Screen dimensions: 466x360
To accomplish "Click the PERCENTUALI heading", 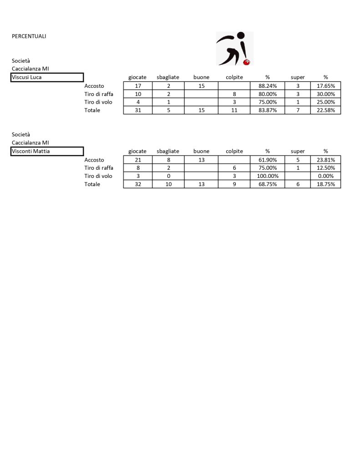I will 29,36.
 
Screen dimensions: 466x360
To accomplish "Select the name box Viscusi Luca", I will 47,77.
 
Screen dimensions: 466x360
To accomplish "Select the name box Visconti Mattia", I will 47,152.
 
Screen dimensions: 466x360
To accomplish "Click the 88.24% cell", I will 268,86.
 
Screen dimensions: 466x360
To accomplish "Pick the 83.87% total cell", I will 268,110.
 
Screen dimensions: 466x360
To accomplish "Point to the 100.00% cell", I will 268,176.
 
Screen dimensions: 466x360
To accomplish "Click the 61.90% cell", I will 268,160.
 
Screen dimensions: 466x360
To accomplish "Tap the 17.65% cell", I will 325,86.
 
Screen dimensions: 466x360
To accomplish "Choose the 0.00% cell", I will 325,176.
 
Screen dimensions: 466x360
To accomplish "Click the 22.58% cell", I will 325,110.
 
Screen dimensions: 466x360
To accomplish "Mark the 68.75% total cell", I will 268,184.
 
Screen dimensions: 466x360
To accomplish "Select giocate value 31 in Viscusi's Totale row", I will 138,110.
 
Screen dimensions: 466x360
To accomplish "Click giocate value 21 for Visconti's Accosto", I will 138,160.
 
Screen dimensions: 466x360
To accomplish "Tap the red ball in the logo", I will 248,61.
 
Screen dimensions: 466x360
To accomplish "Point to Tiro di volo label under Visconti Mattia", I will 98,176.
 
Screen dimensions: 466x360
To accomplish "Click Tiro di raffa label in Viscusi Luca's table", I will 99,94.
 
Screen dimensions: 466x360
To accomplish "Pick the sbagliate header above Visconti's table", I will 168,151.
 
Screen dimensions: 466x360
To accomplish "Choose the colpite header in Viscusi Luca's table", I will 234,77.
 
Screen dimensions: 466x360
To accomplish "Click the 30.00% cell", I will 325,94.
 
